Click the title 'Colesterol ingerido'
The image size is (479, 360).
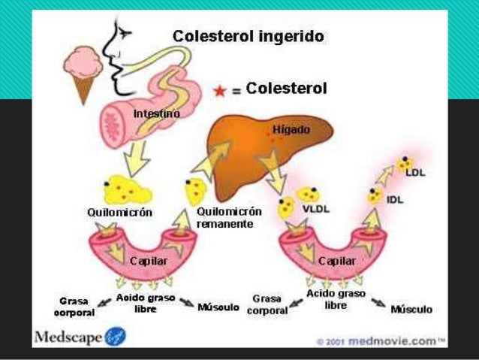(x=249, y=36)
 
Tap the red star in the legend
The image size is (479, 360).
(x=219, y=91)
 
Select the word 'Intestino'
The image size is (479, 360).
(x=156, y=113)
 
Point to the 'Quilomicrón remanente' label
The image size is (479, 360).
(x=227, y=218)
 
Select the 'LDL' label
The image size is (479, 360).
(x=415, y=172)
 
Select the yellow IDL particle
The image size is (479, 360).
(x=375, y=196)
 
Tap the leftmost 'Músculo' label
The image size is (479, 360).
(x=218, y=307)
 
